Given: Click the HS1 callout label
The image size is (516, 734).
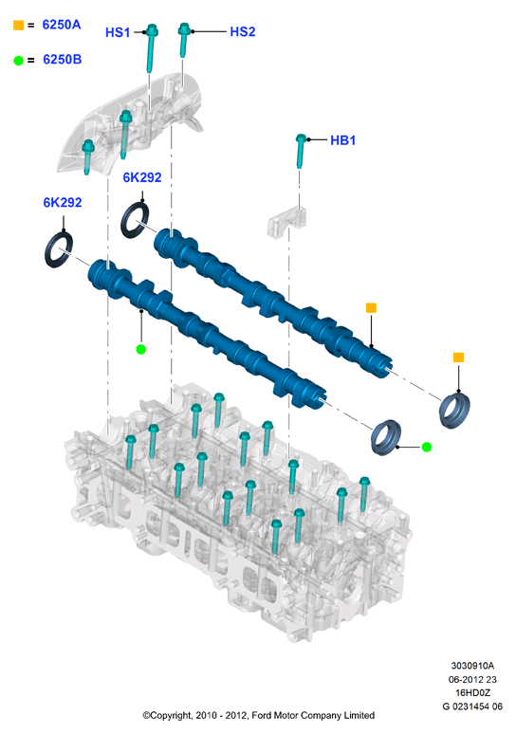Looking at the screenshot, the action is point(118,32).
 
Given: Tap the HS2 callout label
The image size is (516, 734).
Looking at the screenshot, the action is point(243,32).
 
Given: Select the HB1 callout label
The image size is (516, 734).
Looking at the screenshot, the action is point(342,140).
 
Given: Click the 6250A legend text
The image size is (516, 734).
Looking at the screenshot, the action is point(62,25).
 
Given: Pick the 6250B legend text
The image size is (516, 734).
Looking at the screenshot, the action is point(62,60).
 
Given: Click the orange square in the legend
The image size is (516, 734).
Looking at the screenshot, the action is point(18,26).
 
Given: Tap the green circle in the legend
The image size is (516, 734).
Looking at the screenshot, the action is point(18,61).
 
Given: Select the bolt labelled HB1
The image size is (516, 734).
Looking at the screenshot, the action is point(301,151).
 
